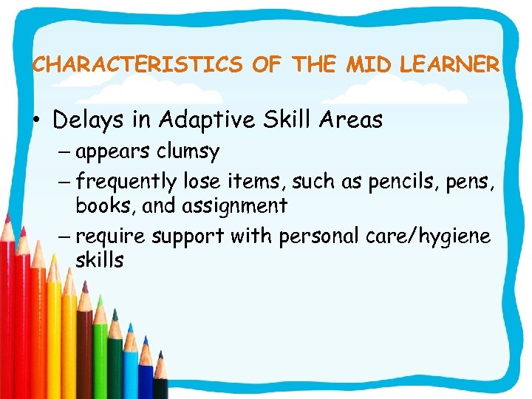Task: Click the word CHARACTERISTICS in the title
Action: click(137, 65)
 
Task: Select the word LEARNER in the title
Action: click(449, 65)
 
